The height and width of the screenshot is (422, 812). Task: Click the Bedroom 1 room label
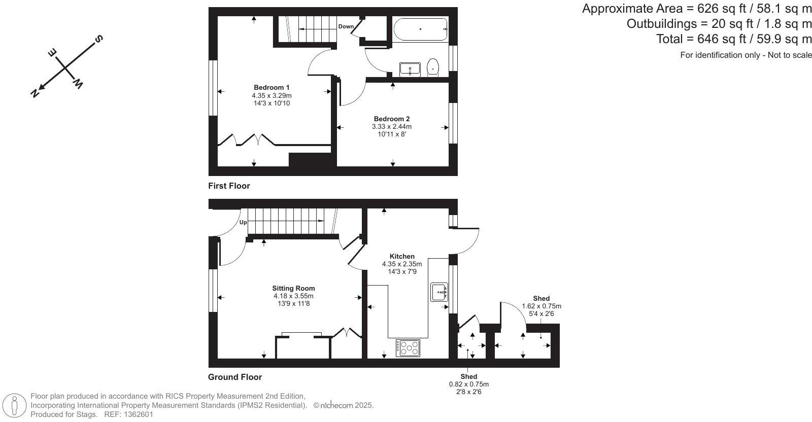[272, 88]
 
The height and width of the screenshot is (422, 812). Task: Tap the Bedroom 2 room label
[391, 119]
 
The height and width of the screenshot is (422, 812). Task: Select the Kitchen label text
[402, 257]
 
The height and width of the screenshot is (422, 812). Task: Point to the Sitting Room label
[293, 289]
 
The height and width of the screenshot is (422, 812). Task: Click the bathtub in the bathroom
[420, 29]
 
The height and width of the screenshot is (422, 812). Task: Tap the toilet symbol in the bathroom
[432, 67]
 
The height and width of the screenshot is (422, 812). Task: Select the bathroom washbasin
[410, 69]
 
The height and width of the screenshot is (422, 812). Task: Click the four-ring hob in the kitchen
[409, 348]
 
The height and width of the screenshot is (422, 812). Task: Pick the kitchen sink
[439, 292]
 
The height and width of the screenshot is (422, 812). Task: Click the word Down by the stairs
[346, 26]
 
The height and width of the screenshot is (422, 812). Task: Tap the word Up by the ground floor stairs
[243, 223]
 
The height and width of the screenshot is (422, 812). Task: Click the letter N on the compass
[35, 93]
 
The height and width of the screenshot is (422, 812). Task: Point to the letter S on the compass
[99, 39]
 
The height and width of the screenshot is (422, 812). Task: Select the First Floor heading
[229, 186]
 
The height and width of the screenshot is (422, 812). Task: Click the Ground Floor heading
[235, 377]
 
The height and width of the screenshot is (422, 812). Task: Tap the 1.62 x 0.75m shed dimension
[542, 306]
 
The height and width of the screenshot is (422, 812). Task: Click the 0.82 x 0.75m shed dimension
[468, 384]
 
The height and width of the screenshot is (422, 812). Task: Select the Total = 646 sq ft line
[734, 39]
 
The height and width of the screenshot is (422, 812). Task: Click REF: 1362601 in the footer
[128, 414]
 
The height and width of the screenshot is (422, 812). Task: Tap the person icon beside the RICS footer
[15, 406]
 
